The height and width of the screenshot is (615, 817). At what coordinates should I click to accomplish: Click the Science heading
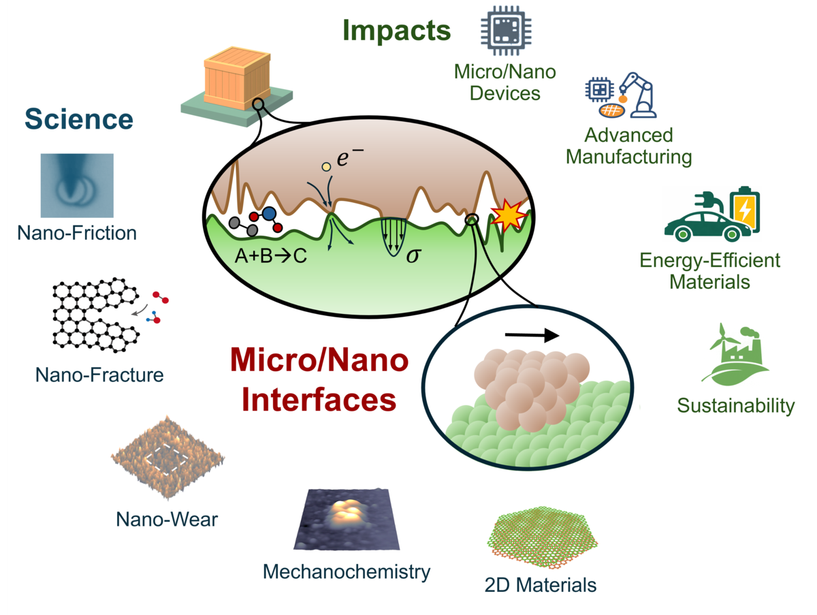(79, 119)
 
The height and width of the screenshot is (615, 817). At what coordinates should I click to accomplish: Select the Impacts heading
(396, 30)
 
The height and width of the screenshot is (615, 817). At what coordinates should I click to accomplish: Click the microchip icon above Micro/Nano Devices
(506, 31)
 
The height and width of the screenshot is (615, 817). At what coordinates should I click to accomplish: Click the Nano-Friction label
(77, 233)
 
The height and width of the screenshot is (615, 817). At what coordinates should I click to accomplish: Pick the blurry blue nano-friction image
(77, 185)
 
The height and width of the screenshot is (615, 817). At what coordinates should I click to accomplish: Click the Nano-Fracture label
(100, 374)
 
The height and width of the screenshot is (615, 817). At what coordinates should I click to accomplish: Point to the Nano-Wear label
(167, 520)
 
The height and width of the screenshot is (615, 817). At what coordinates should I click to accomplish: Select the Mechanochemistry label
(347, 571)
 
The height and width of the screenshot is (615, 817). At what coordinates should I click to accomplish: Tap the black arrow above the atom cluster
(532, 335)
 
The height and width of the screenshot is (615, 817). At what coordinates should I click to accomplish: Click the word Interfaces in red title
(319, 399)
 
